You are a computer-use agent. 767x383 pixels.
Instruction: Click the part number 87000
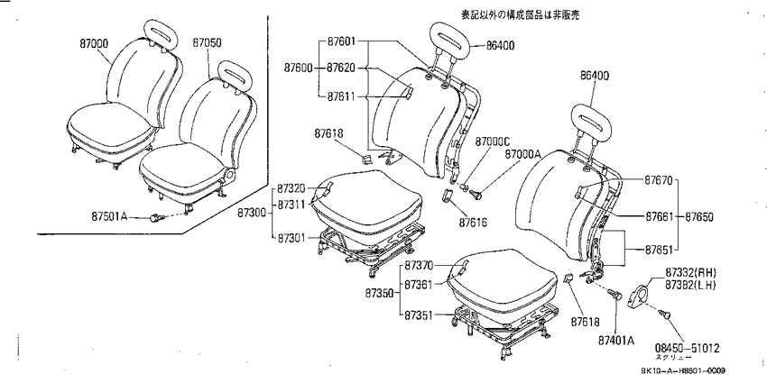click(x=94, y=44)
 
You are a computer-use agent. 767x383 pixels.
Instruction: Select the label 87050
click(x=207, y=43)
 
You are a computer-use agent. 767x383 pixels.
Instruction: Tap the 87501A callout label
click(x=109, y=215)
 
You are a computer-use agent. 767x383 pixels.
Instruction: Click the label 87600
click(x=299, y=68)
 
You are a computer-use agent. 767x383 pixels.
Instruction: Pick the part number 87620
click(x=341, y=68)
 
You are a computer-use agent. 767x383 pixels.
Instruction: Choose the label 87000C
click(x=493, y=142)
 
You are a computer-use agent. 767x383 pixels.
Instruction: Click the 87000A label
click(x=522, y=154)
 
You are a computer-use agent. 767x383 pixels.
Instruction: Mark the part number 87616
click(x=473, y=223)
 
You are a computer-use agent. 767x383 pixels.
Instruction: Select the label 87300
click(x=253, y=213)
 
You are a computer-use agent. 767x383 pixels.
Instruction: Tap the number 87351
click(x=418, y=315)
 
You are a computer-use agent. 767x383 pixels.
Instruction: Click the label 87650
click(x=699, y=216)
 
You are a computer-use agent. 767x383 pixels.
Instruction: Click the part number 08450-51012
click(x=688, y=349)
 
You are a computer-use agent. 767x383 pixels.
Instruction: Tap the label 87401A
click(x=615, y=341)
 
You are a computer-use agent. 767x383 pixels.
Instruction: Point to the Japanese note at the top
click(x=521, y=15)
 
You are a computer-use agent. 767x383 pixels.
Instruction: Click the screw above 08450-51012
click(x=664, y=315)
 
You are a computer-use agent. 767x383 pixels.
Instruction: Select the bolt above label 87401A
click(x=615, y=294)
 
